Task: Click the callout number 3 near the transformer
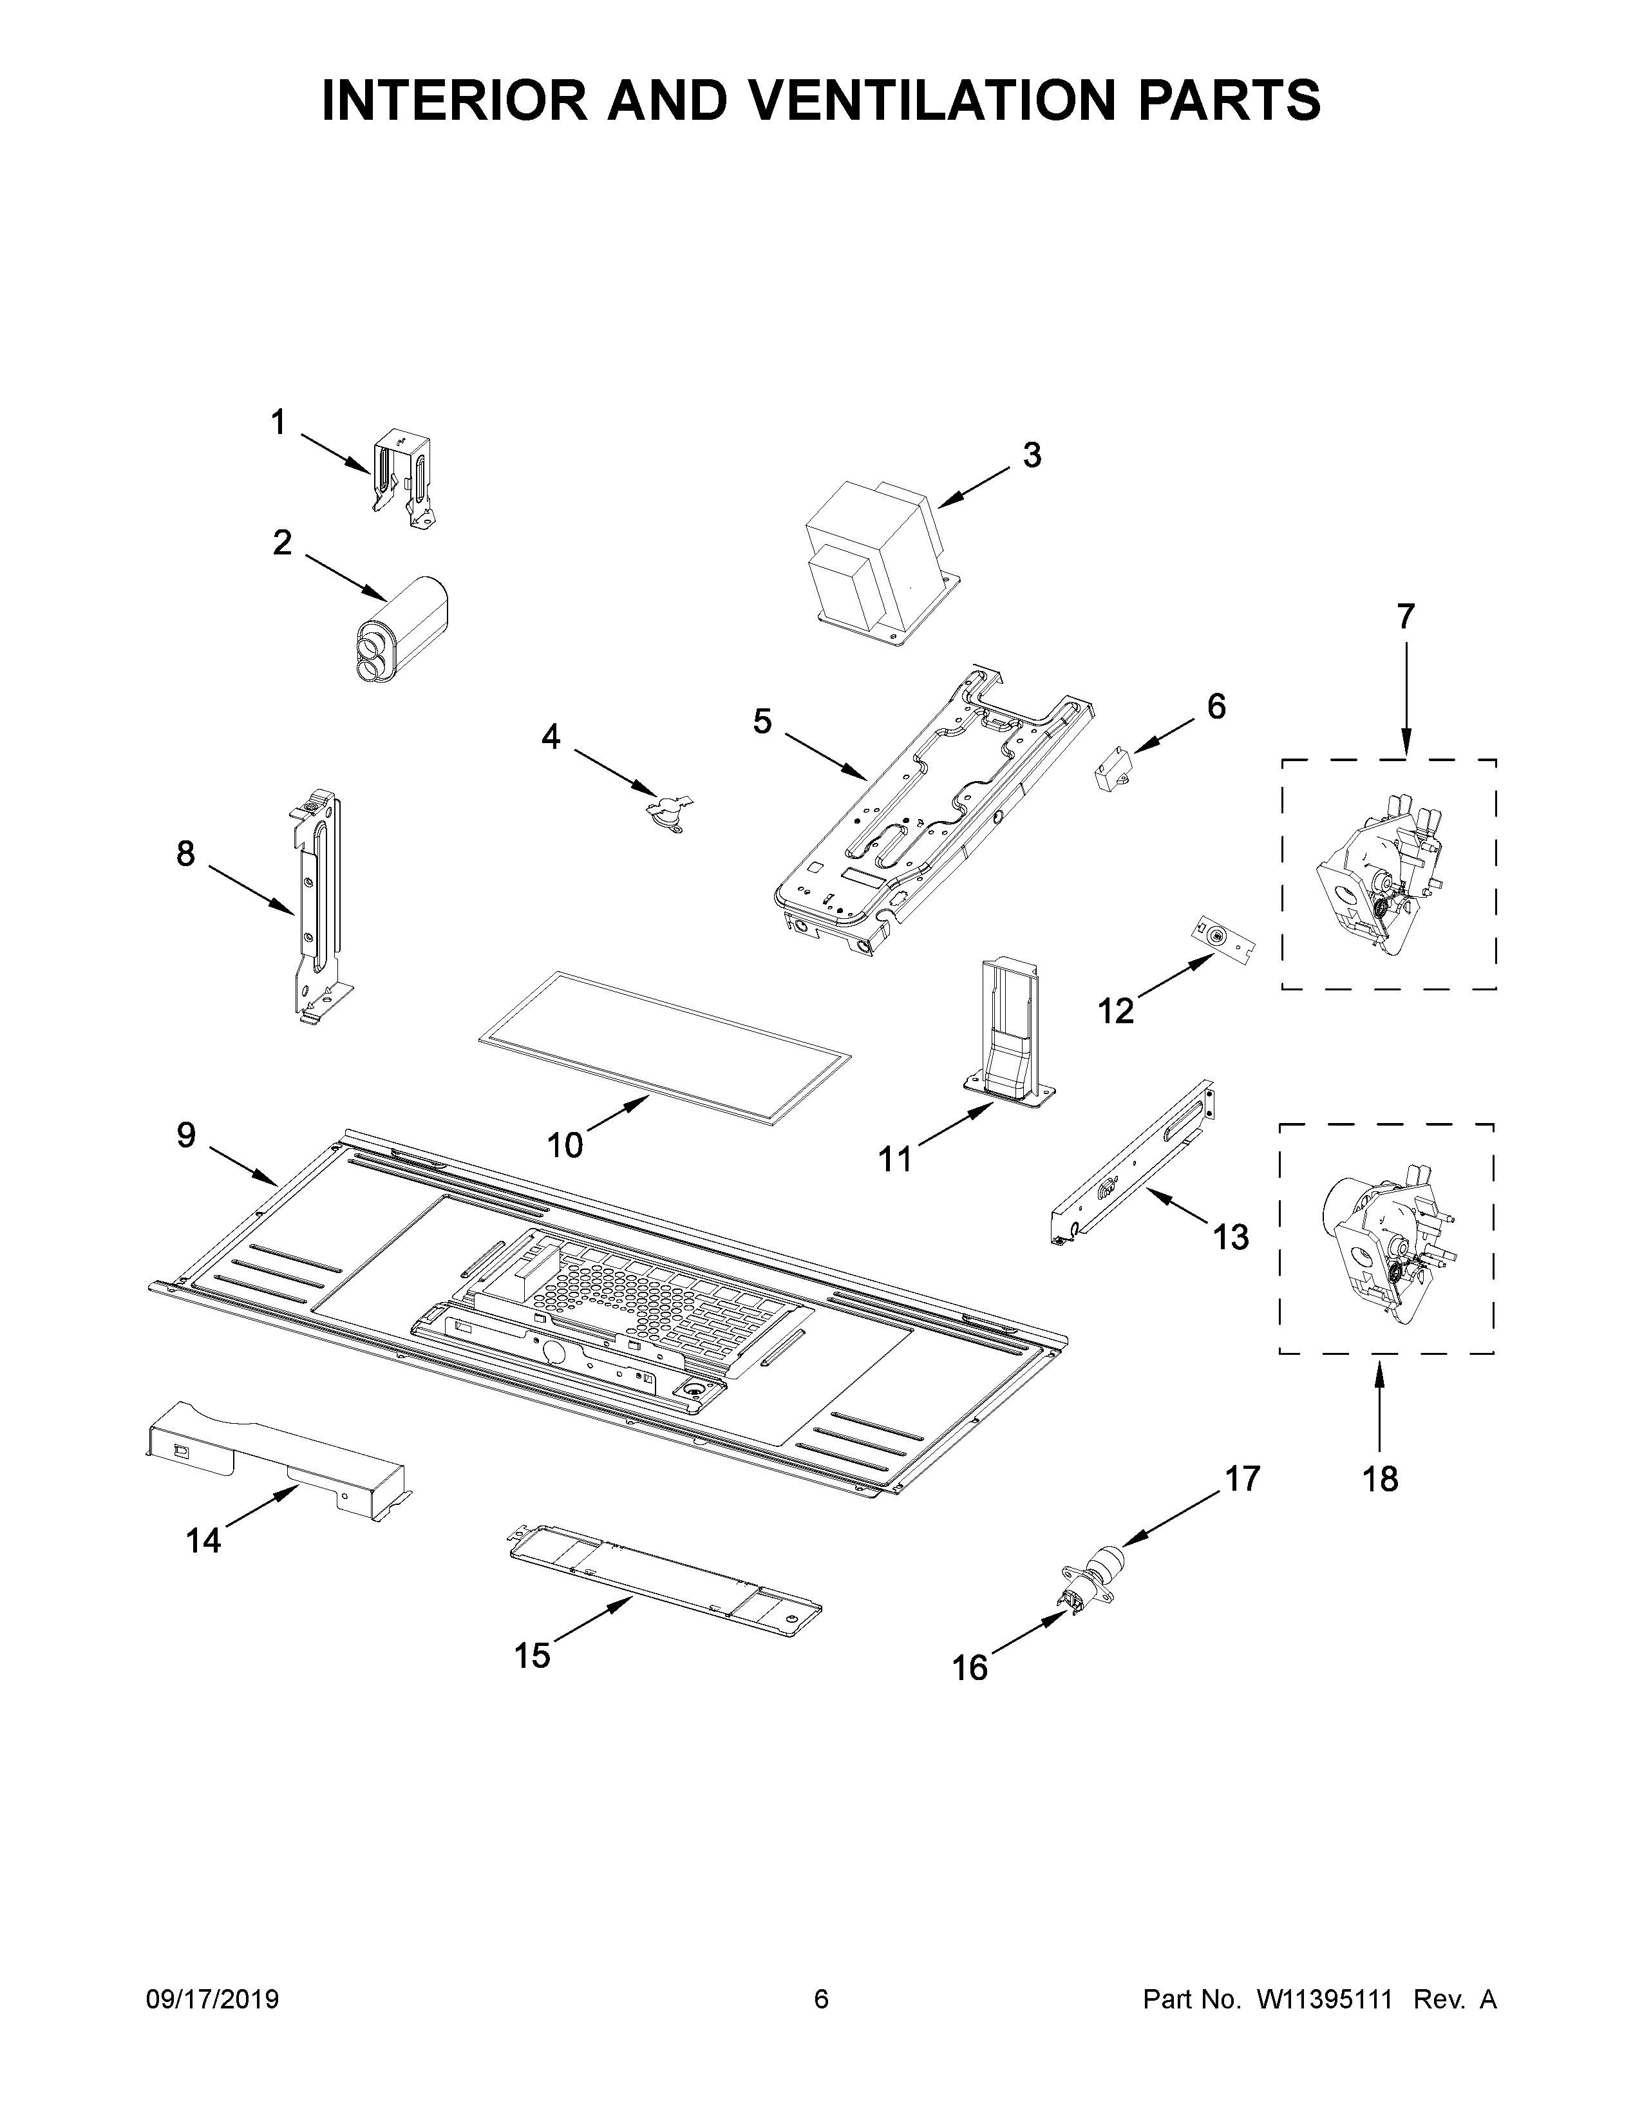[x=1032, y=455]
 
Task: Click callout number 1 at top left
[x=278, y=423]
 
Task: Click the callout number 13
[x=1231, y=1236]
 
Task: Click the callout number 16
[x=970, y=1668]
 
